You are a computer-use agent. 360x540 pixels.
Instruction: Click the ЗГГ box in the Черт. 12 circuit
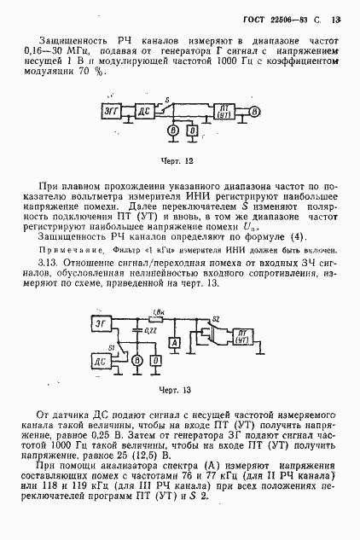coord(113,112)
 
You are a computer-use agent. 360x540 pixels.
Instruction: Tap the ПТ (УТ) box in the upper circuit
coord(226,112)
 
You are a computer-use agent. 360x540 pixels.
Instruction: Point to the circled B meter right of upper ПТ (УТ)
coord(257,112)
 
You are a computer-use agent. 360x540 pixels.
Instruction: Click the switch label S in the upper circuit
coord(167,100)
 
